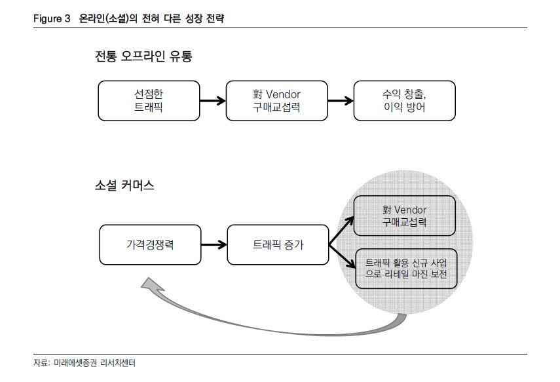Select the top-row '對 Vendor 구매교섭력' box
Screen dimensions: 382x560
(276, 101)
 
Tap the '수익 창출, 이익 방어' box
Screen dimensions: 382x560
(404, 101)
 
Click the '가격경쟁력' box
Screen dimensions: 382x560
(150, 245)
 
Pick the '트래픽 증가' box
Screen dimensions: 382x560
(278, 245)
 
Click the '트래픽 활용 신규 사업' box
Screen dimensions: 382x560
(405, 269)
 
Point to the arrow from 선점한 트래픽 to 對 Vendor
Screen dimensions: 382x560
(212, 101)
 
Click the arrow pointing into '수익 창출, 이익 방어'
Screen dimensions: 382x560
(340, 101)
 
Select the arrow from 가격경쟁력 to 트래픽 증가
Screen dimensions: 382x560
(214, 245)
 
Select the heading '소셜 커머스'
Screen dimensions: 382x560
(124, 185)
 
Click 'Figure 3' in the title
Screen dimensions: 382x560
(52, 19)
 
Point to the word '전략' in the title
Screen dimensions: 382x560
(214, 19)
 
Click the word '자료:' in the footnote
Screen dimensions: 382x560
(42, 362)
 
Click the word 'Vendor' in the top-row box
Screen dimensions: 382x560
(284, 94)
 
